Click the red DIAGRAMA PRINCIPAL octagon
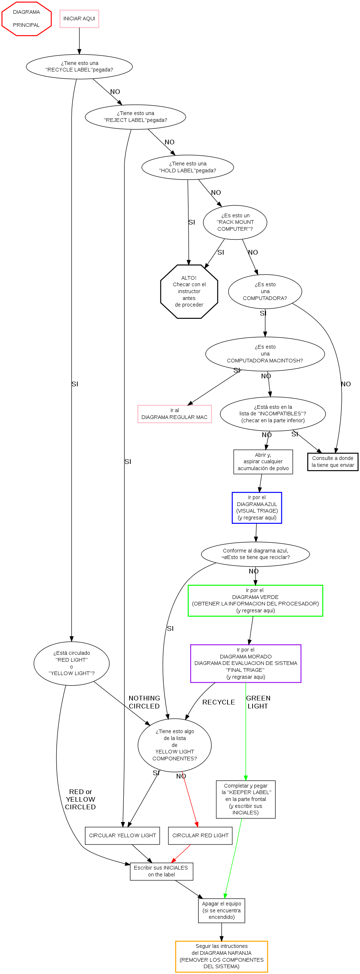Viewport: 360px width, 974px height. coord(26,19)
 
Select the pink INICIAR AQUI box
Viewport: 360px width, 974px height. coord(79,19)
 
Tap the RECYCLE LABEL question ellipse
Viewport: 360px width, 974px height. coord(79,66)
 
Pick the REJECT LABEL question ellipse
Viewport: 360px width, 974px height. coord(135,117)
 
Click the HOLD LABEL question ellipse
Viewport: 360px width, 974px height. coord(188,167)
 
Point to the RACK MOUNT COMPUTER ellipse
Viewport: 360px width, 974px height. coord(235,222)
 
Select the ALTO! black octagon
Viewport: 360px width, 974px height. coord(189,292)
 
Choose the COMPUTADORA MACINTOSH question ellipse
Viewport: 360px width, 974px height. coord(265,354)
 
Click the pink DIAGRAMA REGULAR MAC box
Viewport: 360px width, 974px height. coord(174,414)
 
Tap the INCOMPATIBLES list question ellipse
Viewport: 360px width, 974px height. coord(273,414)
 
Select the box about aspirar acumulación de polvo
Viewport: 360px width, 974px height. coord(263,462)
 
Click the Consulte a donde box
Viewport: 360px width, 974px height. coord(332,462)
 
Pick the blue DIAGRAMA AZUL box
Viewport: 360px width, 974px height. coord(257,508)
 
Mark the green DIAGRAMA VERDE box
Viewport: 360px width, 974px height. coord(255,601)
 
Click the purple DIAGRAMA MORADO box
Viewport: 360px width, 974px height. coord(245,663)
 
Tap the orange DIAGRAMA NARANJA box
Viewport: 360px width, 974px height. coord(222,956)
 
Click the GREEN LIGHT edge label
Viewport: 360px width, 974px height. coord(258,702)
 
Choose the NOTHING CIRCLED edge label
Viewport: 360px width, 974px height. coord(144,702)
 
